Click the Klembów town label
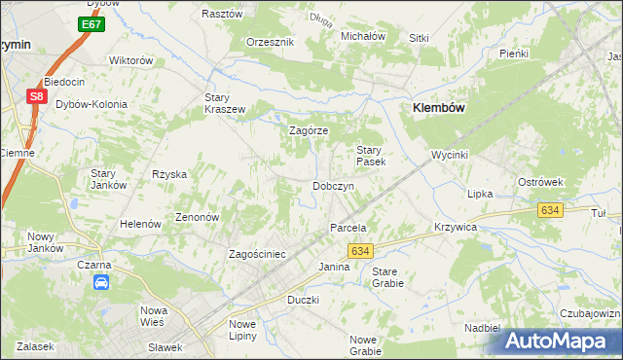tap(442, 109)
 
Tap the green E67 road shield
tap(92, 23)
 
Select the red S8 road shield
tap(36, 96)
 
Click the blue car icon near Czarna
tap(100, 282)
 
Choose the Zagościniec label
tap(257, 254)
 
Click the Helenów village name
tap(139, 224)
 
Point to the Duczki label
tap(303, 300)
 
